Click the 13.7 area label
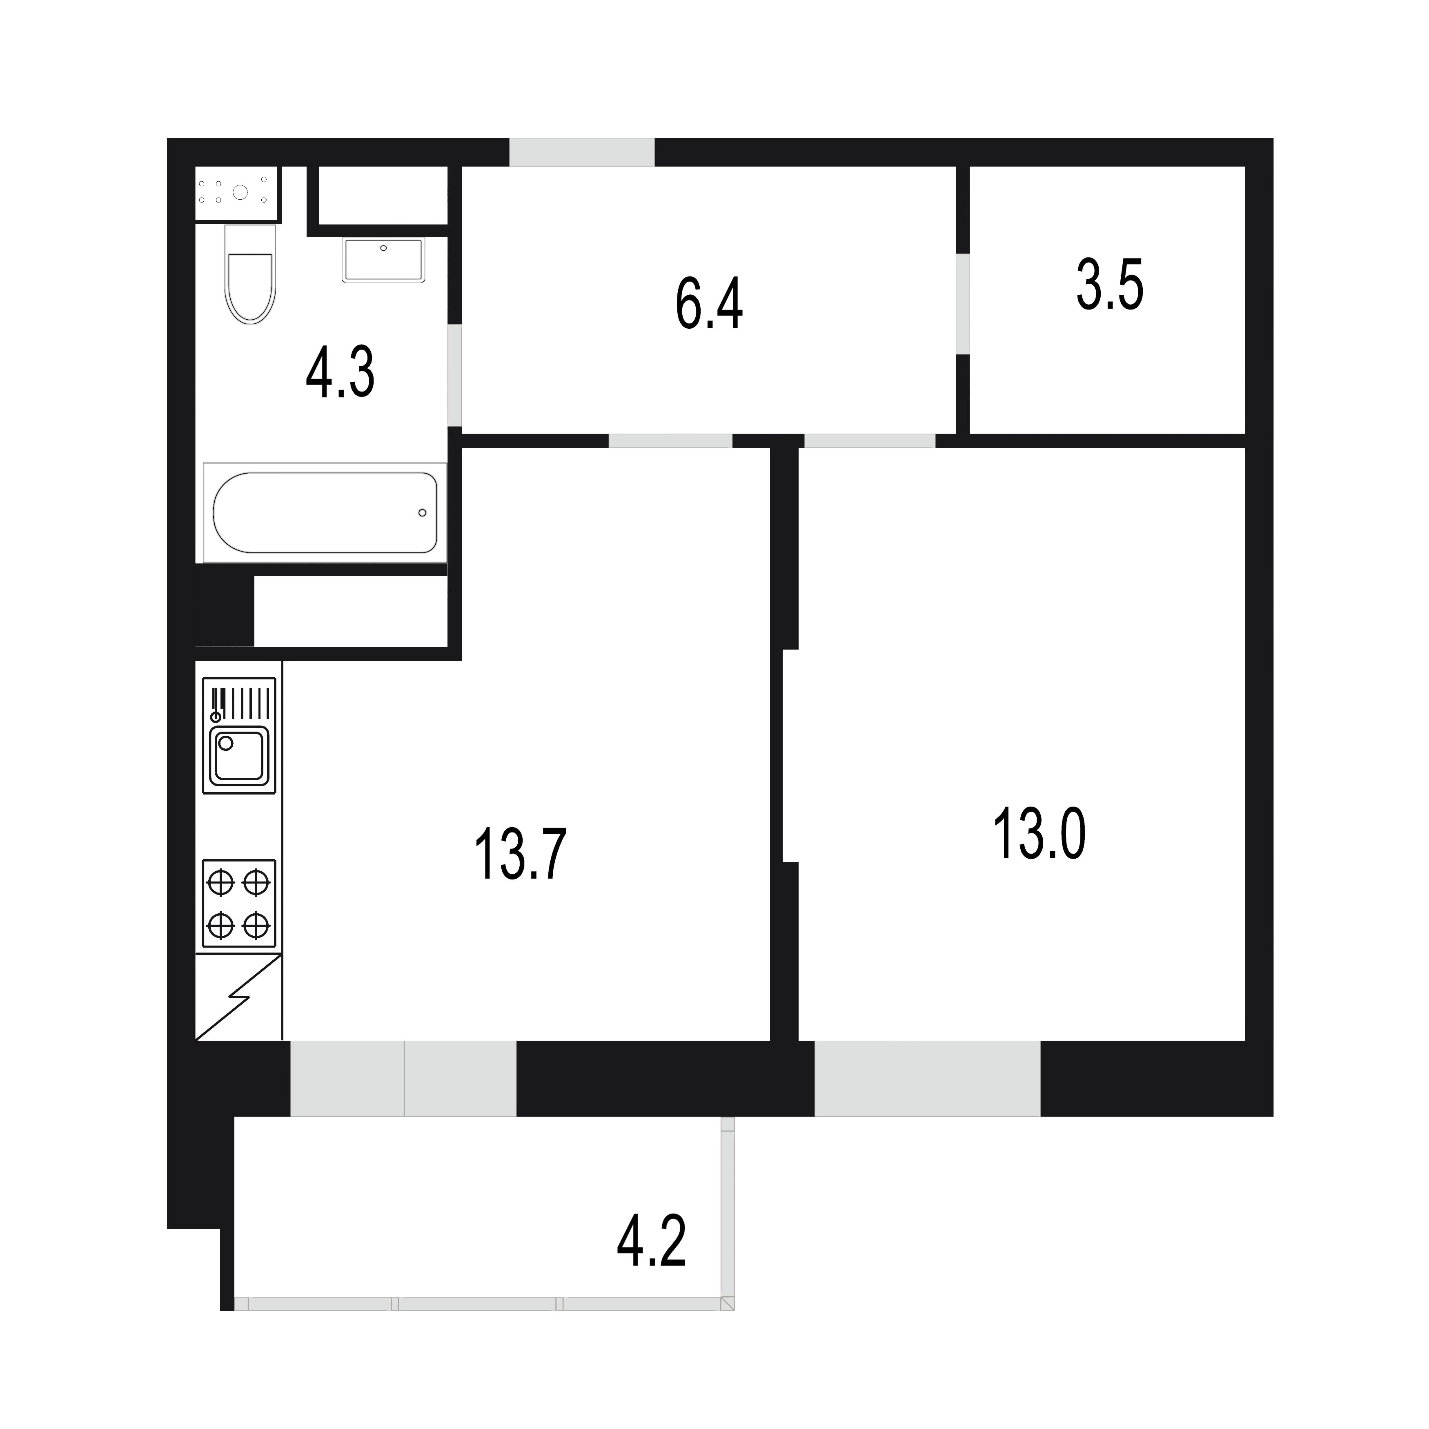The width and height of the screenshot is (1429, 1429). click(521, 854)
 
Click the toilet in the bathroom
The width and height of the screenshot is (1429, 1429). click(250, 274)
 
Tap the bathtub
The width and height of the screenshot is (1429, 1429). click(325, 512)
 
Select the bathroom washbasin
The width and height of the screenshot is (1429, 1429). click(383, 260)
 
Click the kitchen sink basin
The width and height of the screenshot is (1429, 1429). click(239, 755)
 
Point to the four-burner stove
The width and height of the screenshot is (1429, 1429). click(239, 903)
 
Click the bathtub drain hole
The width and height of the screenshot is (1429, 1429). click(422, 512)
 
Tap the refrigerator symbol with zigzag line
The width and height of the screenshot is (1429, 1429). click(238, 997)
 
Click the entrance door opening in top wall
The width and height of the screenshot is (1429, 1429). click(582, 152)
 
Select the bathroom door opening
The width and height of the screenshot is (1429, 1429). click(455, 375)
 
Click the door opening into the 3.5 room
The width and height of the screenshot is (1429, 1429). click(962, 304)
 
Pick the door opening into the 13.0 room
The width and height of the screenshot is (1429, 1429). click(870, 441)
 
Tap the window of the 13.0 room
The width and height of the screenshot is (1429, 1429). click(928, 1078)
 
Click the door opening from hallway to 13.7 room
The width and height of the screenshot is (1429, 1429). click(670, 441)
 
